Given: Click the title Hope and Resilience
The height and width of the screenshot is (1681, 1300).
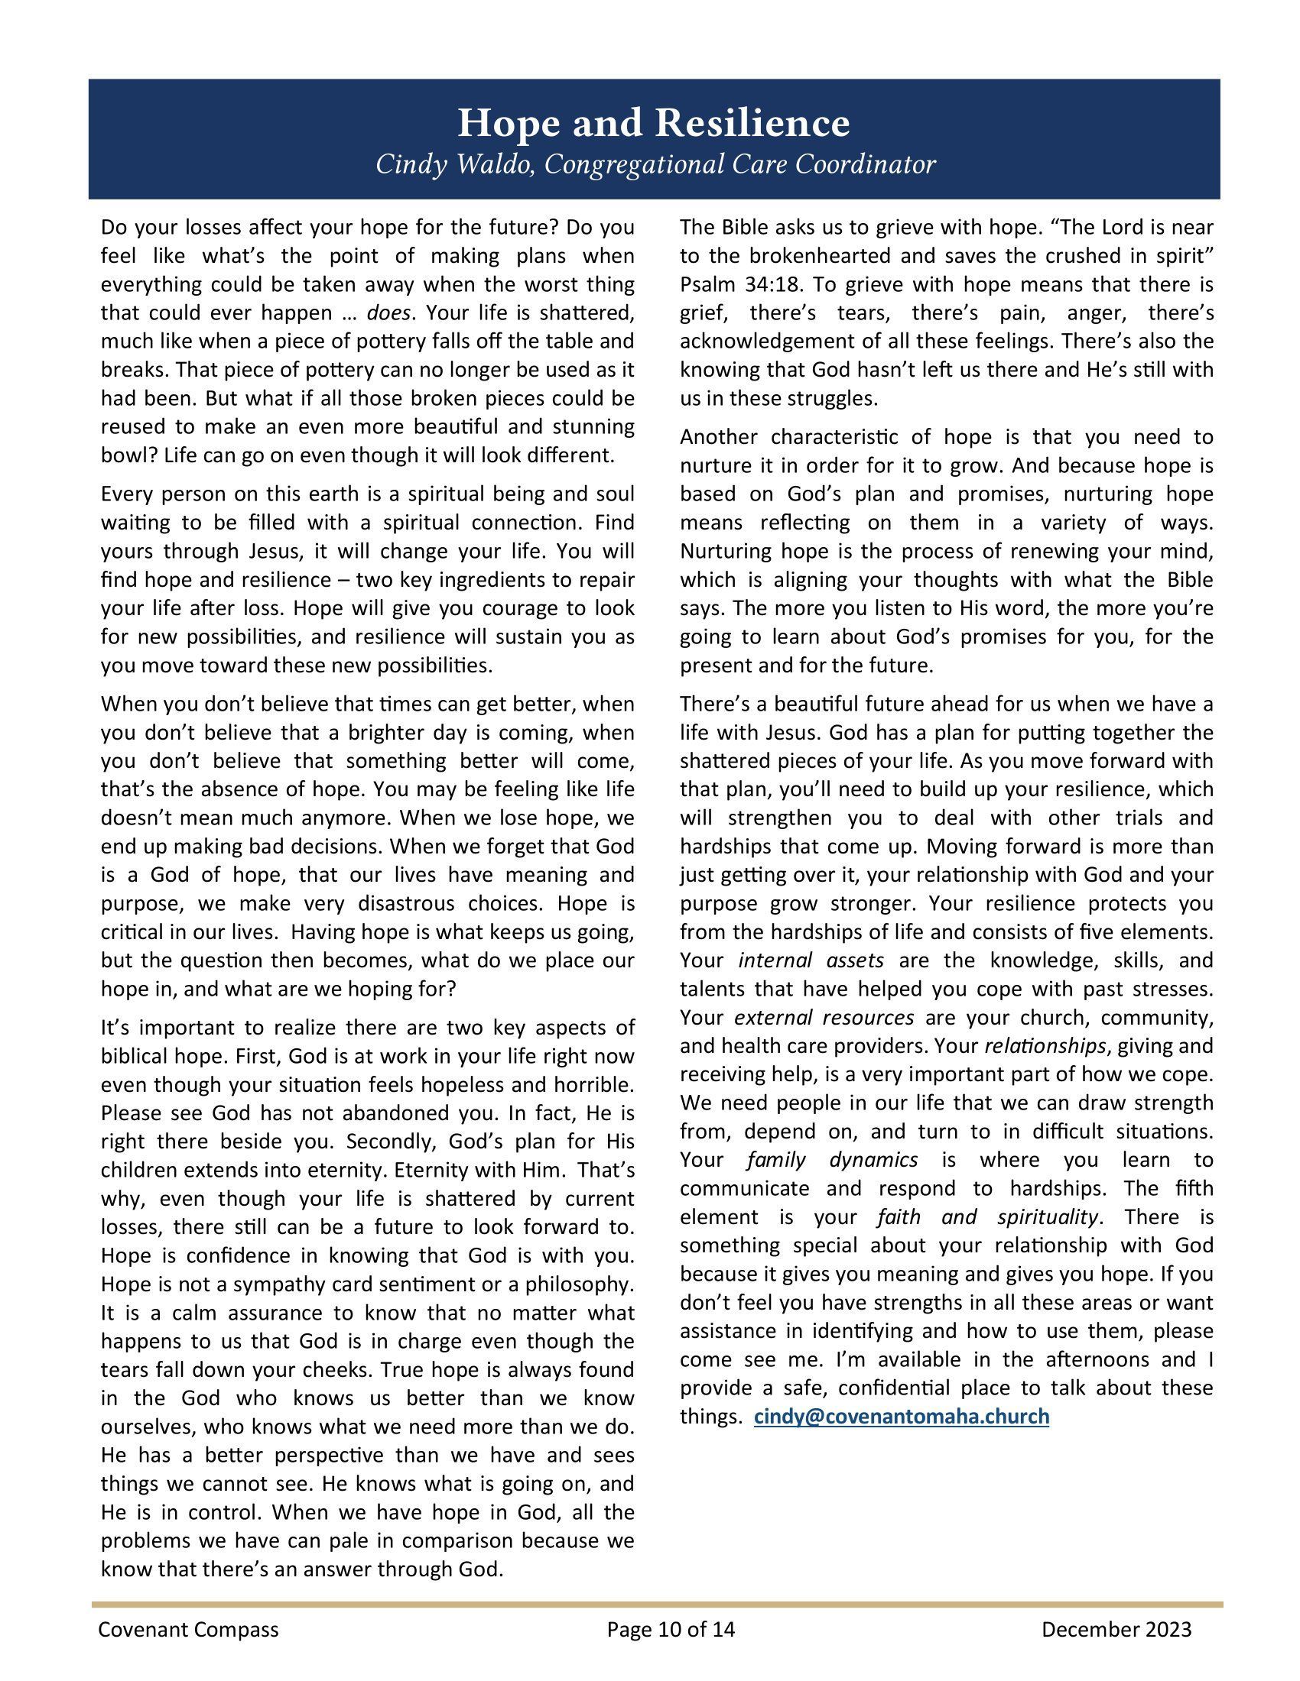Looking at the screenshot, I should tap(654, 123).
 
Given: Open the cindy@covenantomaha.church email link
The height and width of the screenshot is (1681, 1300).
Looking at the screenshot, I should tap(901, 1416).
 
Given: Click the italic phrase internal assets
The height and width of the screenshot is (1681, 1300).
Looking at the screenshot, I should tap(810, 960).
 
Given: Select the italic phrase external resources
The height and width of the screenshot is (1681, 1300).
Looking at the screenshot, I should tap(824, 1017).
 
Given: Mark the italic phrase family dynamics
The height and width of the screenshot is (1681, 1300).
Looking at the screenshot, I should tap(832, 1159).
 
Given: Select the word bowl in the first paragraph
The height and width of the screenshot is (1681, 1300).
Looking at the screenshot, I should tap(121, 455).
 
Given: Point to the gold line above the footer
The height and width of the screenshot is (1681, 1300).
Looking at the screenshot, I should tap(656, 1604).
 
